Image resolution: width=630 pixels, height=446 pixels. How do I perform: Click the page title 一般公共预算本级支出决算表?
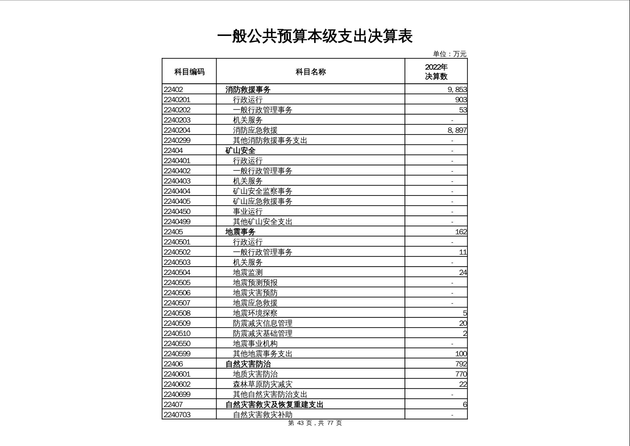[315, 36]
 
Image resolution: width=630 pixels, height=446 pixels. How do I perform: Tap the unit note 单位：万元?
[449, 54]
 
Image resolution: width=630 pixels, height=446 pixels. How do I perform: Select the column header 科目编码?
[189, 72]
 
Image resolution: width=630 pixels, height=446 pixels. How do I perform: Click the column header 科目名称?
[311, 72]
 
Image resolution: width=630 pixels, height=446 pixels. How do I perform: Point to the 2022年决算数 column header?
[436, 72]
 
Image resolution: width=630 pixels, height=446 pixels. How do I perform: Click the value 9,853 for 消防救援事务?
[457, 89]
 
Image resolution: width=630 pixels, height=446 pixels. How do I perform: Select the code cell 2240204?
[177, 130]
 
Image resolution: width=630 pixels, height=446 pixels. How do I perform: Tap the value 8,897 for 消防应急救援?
[457, 130]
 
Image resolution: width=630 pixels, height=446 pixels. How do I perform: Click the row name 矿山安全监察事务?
[263, 191]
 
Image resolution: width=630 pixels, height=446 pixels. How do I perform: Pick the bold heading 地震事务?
[240, 232]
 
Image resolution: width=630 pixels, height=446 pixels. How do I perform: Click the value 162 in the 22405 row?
[461, 232]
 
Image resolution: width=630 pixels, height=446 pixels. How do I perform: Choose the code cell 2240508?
[177, 313]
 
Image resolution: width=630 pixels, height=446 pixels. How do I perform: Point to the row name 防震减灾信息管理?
[263, 323]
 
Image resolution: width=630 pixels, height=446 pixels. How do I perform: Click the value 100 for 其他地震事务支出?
[461, 354]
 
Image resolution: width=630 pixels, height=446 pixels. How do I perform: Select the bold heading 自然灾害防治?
[248, 364]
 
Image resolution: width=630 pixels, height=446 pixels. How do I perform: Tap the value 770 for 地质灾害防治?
[461, 374]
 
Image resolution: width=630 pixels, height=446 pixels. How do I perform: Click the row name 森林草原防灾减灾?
[263, 384]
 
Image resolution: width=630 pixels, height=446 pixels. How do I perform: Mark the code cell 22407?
[173, 405]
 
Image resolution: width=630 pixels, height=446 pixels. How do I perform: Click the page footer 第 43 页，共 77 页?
[315, 423]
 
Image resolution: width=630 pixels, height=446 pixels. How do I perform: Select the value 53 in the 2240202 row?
[463, 110]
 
